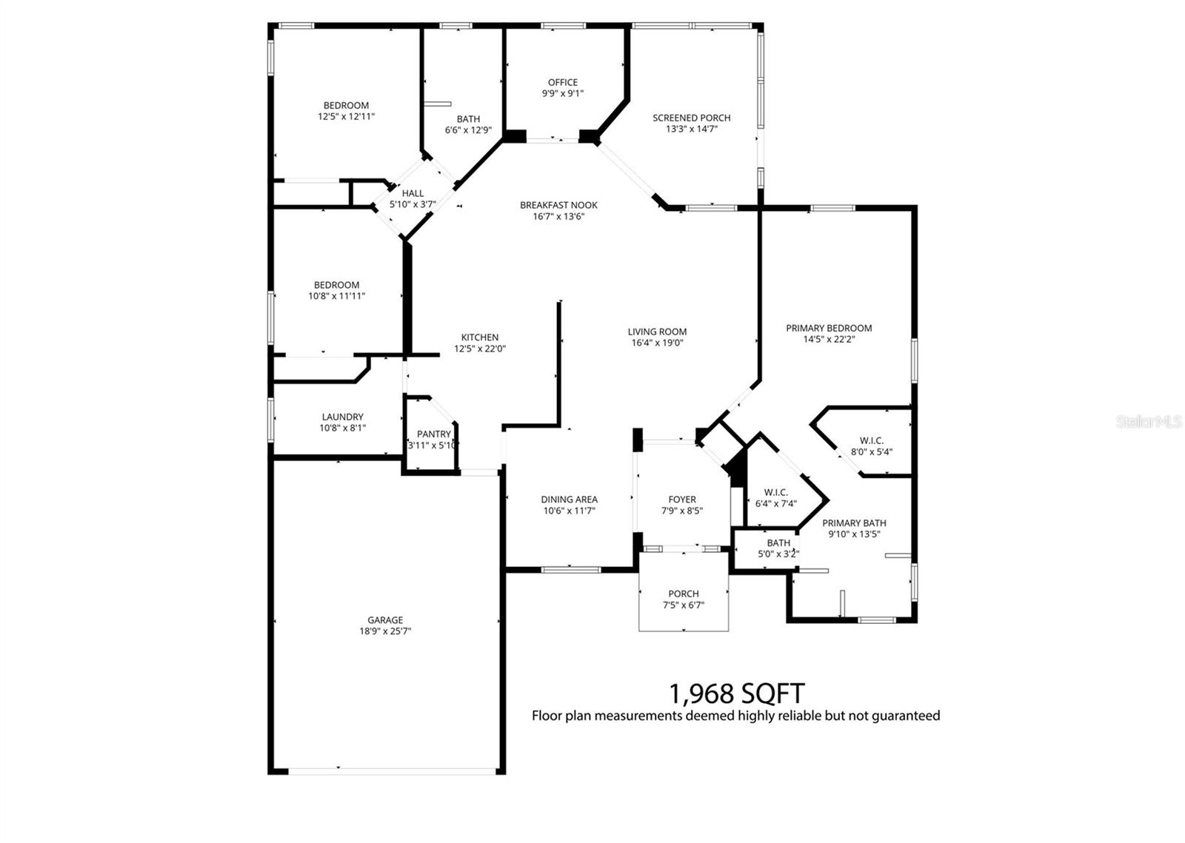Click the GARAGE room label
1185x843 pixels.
coord(385,620)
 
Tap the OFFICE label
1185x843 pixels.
coord(563,82)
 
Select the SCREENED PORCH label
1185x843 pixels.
coord(691,118)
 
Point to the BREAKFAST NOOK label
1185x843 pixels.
coord(558,205)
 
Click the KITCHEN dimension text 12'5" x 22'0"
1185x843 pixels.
coord(480,349)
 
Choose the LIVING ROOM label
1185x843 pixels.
coord(657,332)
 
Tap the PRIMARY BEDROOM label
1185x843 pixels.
coord(829,328)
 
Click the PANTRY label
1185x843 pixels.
coord(434,434)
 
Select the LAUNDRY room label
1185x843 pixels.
coord(342,417)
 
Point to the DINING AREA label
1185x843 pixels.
coord(569,500)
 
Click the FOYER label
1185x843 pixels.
coord(682,500)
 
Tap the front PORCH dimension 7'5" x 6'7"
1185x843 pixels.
coord(683,605)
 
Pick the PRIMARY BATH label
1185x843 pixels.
coord(854,523)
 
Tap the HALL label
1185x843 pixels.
coord(413,193)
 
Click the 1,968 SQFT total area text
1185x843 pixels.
coord(736,693)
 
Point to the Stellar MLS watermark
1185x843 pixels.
coord(1149,421)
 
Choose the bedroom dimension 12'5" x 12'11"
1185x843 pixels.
coord(346,116)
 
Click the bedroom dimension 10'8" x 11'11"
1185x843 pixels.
coord(337,296)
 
